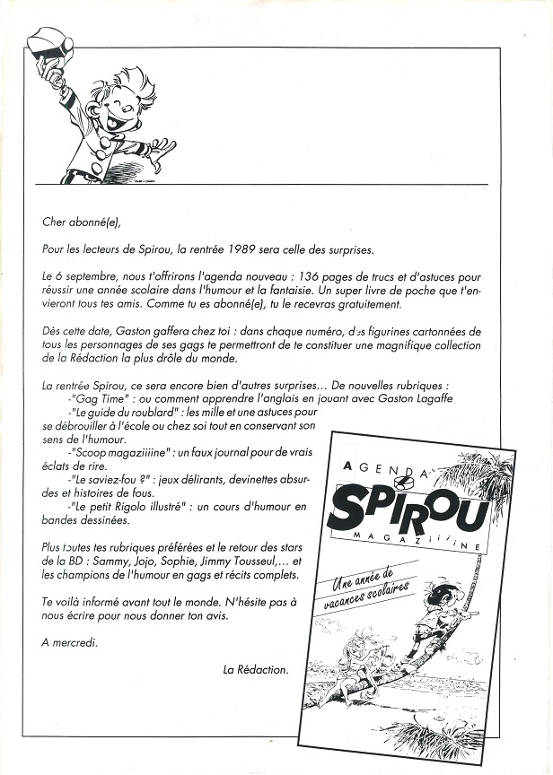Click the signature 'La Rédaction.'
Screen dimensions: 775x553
[x=256, y=669]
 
